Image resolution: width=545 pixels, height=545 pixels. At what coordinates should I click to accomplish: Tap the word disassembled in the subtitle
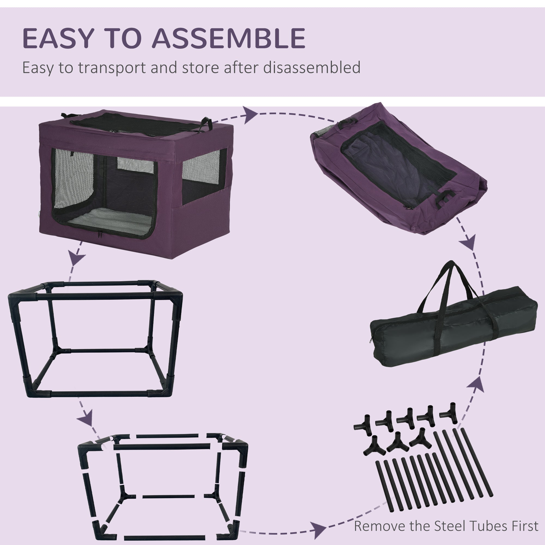pyautogui.click(x=312, y=68)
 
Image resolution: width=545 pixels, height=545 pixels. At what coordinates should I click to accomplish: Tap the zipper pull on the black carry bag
pyautogui.click(x=370, y=340)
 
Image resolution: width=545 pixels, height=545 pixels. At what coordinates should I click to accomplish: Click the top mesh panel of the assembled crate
pyautogui.click(x=135, y=124)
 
